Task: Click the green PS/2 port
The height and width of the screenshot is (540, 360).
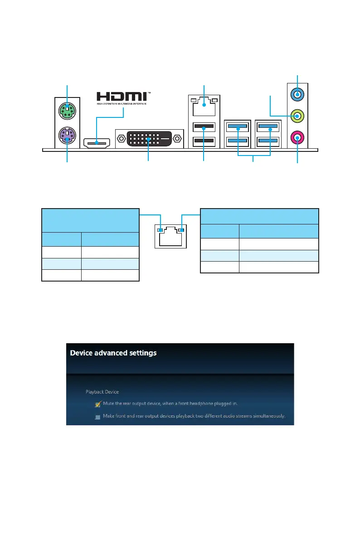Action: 67,109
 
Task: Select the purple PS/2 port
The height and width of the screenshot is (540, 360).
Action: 67,135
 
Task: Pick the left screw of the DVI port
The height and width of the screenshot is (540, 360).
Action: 121,138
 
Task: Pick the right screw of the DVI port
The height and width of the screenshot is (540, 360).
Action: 178,138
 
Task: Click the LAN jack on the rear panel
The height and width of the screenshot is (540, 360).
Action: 204,107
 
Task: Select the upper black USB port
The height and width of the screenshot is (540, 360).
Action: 204,128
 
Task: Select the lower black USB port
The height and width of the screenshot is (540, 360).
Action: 204,142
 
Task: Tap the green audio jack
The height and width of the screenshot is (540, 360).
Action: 297,117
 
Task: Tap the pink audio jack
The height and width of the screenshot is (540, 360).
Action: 297,136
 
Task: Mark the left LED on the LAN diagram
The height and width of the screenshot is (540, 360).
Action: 159,230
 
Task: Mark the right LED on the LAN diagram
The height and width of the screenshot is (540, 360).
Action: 181,230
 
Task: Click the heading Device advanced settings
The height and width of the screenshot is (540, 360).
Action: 113,353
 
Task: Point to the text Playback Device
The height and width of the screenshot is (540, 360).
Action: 102,391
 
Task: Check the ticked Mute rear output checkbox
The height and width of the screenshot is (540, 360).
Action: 97,404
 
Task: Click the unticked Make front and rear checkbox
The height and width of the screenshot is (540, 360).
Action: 97,417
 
